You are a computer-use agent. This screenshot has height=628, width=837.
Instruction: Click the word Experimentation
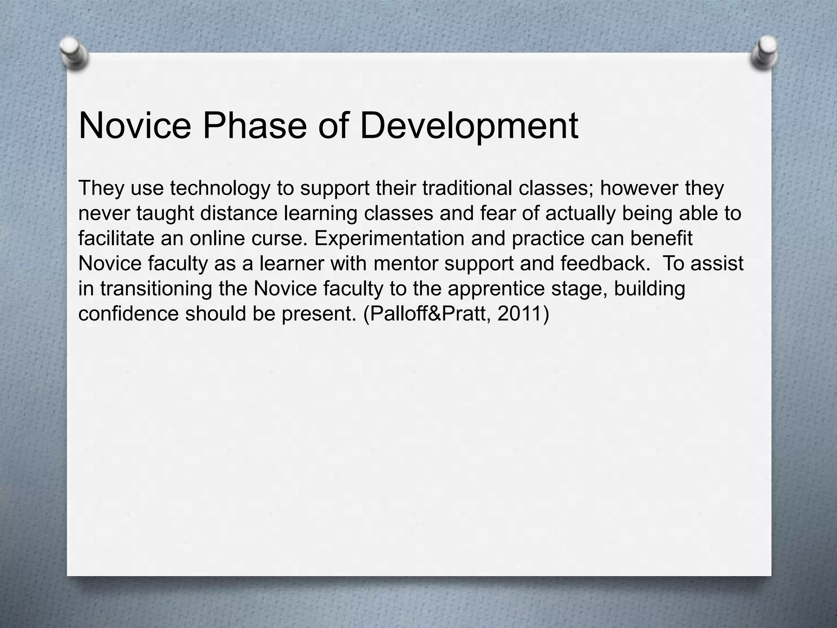click(x=389, y=238)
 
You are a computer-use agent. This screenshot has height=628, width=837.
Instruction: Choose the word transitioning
click(x=156, y=289)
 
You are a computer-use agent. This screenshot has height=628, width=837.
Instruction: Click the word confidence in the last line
click(x=129, y=314)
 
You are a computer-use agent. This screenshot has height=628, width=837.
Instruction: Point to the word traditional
click(x=467, y=188)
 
